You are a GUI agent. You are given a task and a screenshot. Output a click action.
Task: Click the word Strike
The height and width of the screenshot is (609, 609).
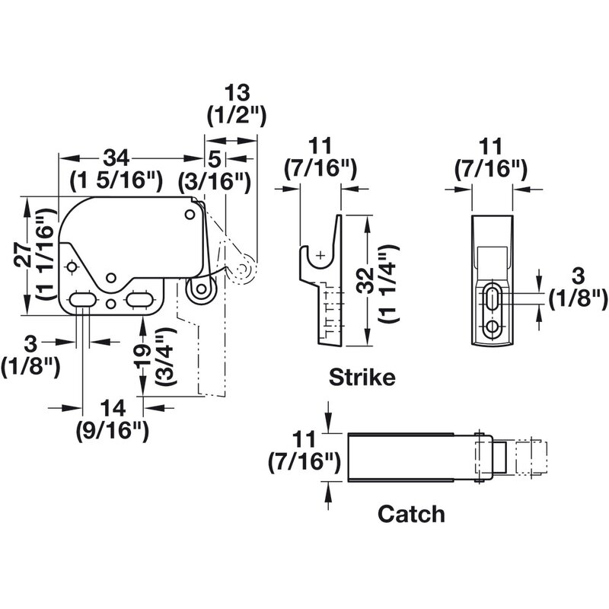[362, 378]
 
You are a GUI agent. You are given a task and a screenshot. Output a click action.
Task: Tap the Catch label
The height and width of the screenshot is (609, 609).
[411, 514]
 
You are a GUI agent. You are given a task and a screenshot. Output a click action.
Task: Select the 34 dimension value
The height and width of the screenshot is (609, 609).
[115, 158]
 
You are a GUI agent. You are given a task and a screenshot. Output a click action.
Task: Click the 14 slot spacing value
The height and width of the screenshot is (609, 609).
[111, 408]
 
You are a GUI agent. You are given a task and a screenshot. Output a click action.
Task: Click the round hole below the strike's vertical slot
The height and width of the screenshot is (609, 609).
[493, 327]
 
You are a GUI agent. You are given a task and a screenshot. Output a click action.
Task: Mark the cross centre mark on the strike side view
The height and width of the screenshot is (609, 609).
[322, 254]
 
